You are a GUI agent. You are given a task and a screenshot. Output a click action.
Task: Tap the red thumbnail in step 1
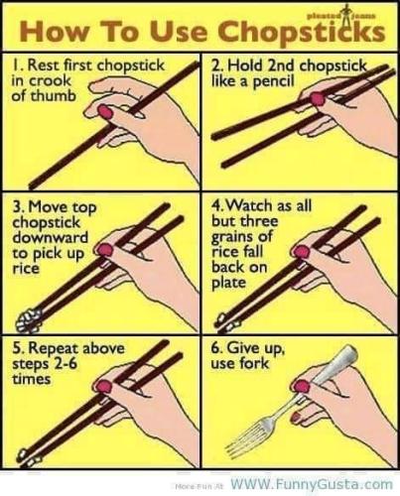click(x=106, y=112)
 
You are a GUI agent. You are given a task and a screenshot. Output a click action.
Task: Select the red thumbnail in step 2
click(x=318, y=98)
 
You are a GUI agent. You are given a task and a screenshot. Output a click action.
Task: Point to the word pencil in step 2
click(x=273, y=81)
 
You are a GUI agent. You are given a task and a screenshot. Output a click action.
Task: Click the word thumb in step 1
click(x=54, y=95)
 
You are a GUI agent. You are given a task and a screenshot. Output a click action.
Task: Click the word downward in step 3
click(x=51, y=237)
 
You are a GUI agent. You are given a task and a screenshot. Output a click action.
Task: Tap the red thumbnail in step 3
click(x=105, y=250)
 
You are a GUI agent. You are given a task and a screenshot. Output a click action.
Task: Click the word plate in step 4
click(x=228, y=283)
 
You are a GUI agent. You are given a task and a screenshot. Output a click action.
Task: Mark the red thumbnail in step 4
click(x=302, y=252)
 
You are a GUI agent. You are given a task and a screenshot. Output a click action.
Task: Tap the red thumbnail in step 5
click(x=104, y=386)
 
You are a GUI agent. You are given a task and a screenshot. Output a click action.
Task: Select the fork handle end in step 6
click(x=349, y=353)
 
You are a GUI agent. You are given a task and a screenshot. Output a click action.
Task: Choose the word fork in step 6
click(x=254, y=364)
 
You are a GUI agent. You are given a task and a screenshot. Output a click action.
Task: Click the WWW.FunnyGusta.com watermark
click(x=312, y=484)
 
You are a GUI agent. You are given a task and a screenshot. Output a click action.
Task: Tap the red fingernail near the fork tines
click(x=297, y=417)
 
